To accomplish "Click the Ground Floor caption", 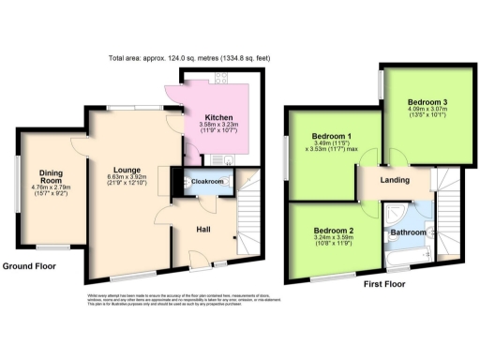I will [29, 266].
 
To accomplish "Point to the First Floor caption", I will [383, 279].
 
